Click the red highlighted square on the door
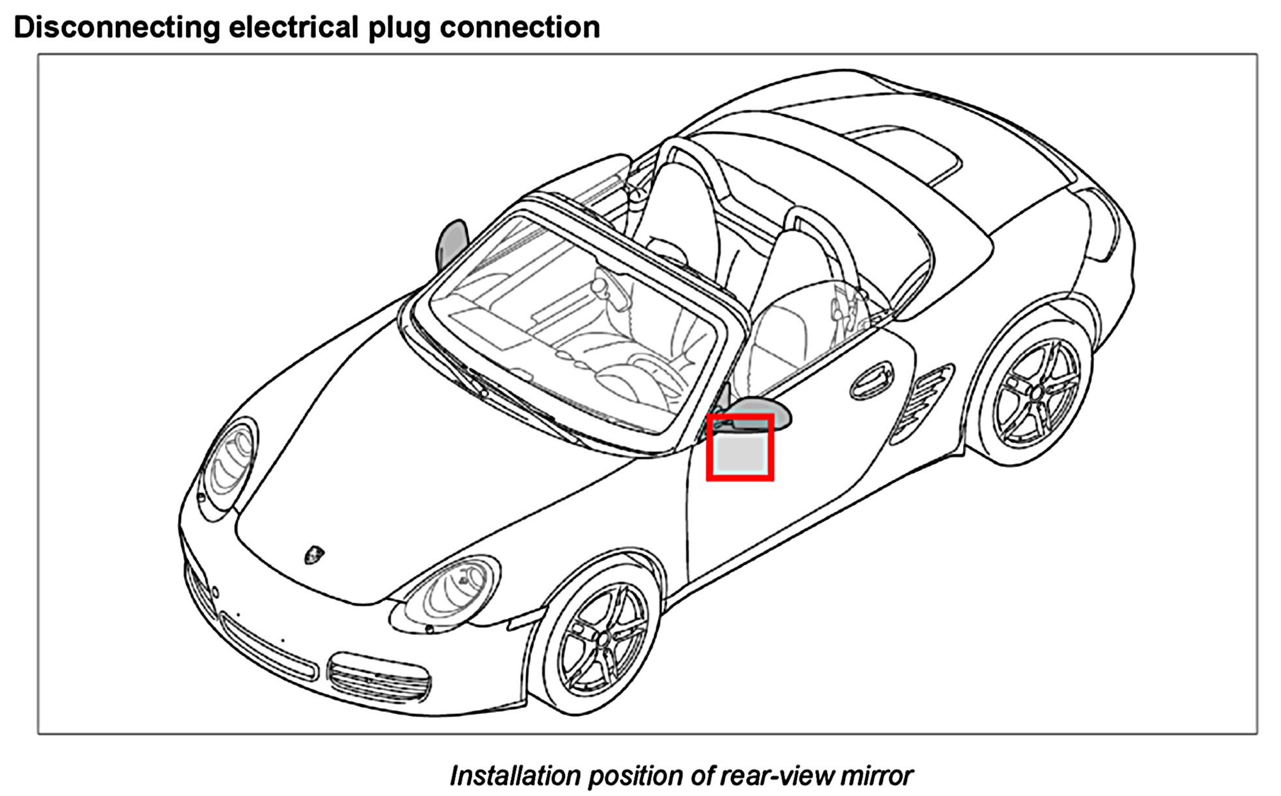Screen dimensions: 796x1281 [x=740, y=448]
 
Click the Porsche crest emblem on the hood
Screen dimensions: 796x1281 [x=314, y=554]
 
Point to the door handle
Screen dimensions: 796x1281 [x=871, y=381]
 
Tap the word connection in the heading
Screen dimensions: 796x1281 [x=520, y=27]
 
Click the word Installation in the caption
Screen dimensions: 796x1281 [x=514, y=776]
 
